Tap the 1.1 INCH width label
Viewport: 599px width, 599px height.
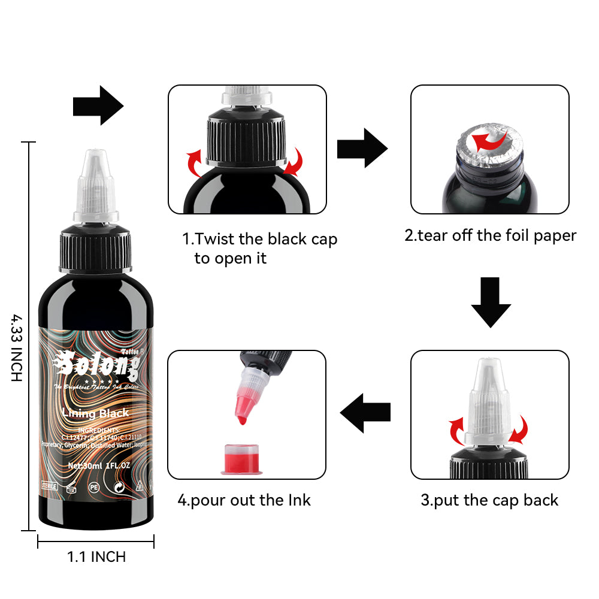click(x=96, y=556)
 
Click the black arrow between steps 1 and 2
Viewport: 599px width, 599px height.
click(x=362, y=147)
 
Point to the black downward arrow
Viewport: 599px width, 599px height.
click(x=491, y=301)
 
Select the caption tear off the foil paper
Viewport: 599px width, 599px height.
click(x=490, y=235)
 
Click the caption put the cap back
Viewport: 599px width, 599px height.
click(x=489, y=500)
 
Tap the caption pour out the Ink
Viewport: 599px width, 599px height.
click(x=244, y=500)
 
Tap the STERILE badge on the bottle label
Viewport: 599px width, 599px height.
click(x=49, y=486)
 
